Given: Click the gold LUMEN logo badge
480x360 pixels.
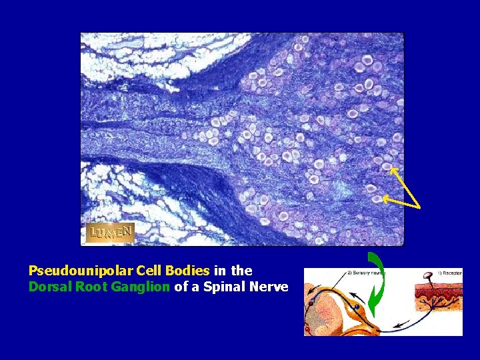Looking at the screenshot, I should click(x=110, y=233).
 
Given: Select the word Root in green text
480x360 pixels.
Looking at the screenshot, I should click(x=84, y=287).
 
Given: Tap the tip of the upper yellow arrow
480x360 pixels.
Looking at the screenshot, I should click(x=391, y=169).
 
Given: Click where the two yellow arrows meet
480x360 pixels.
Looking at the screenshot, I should click(x=418, y=206).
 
